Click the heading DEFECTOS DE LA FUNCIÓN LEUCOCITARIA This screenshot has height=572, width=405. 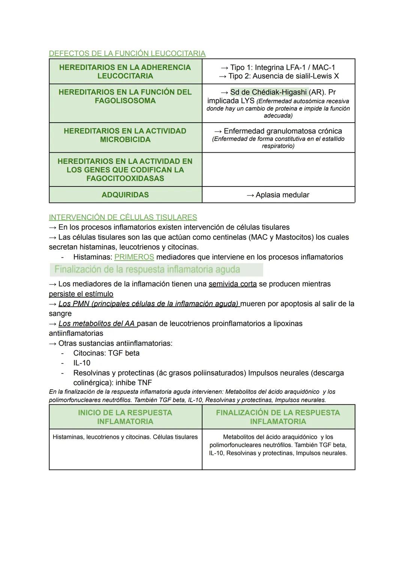127,53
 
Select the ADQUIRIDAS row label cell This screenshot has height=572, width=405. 125,195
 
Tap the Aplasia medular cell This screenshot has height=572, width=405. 278,195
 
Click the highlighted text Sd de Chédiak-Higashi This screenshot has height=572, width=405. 268,92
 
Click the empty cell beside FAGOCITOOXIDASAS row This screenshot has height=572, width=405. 278,170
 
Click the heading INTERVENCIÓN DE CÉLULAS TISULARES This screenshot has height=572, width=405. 123,217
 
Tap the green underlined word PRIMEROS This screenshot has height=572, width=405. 134,257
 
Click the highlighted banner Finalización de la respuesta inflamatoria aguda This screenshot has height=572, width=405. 156,269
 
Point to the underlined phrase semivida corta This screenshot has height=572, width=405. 232,284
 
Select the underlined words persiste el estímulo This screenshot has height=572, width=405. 81,294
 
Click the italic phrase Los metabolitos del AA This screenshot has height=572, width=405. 97,323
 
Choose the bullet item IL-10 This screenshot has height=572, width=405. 82,363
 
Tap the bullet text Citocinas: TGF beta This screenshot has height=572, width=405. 106,353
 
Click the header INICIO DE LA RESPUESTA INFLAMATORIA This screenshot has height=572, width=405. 125,417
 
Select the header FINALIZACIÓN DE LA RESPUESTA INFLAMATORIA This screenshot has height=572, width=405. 278,417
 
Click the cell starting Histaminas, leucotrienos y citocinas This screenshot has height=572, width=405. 125,437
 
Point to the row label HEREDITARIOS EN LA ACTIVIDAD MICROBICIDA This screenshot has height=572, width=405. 125,135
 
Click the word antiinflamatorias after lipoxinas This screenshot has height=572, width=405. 76,333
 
